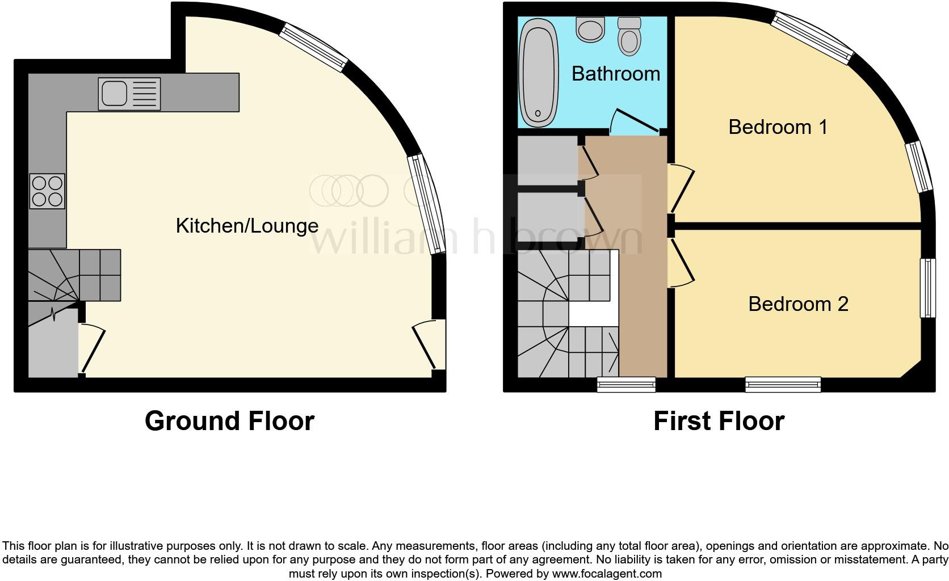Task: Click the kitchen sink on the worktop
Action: pos(129,94)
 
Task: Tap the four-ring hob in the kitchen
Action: pos(48,191)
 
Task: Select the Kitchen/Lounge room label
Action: pos(247,226)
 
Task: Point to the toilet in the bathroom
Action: pos(628,37)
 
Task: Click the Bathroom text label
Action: pos(616,74)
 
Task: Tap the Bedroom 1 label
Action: pos(778,127)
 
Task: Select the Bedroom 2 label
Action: pos(798,304)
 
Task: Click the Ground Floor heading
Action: pos(229,421)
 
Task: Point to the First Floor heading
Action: pos(719,421)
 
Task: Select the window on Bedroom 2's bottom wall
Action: pos(783,385)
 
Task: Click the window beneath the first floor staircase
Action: pos(626,385)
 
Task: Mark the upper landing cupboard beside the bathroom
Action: pos(547,161)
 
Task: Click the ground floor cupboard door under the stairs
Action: pos(92,349)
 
